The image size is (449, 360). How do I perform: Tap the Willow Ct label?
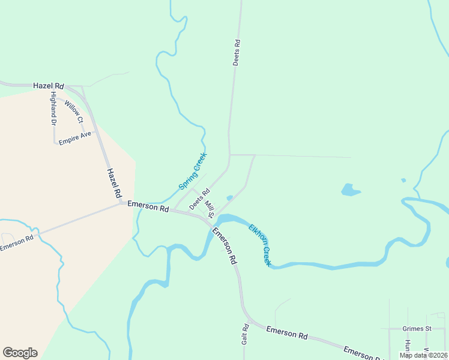(74, 112)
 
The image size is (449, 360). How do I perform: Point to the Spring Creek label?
(193, 172)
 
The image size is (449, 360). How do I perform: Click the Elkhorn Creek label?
(261, 245)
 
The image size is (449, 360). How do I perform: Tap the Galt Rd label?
(246, 334)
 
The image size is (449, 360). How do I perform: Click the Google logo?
(20, 353)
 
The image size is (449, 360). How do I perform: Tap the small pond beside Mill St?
(229, 198)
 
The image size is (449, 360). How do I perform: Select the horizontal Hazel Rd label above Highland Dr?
(49, 86)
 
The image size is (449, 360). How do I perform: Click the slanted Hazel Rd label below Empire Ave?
(114, 183)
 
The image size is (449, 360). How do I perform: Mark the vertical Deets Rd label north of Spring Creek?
(237, 52)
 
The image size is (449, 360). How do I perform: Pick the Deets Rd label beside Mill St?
(199, 200)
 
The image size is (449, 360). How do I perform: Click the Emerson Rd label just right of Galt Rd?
(287, 332)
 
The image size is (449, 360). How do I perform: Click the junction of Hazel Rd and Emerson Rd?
(122, 203)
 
